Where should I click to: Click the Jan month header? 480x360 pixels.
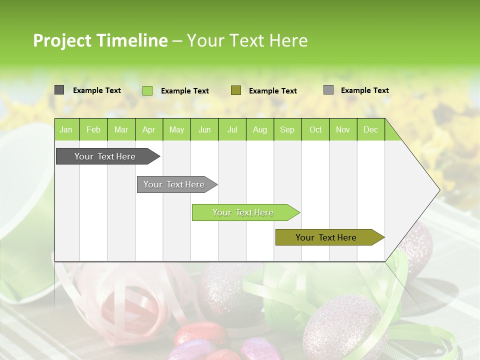[x=66, y=129]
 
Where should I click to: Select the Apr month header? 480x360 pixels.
[x=148, y=129]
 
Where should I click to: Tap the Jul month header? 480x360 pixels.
[x=232, y=129]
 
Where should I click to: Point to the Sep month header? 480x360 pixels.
[x=287, y=129]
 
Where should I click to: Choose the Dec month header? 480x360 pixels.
[x=370, y=129]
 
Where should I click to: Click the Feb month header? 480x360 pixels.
[x=93, y=129]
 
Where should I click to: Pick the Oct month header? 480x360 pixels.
[x=315, y=129]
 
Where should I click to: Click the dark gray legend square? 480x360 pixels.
[x=59, y=90]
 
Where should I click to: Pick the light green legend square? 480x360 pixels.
[x=147, y=90]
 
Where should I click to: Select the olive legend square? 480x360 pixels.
[x=236, y=90]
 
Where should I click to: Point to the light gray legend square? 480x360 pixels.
[x=328, y=90]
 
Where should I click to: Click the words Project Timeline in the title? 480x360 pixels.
[x=100, y=40]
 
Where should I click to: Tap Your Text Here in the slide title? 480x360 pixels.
[x=247, y=40]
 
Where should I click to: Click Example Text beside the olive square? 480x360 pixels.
[x=272, y=91]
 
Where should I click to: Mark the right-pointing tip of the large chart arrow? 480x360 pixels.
[x=439, y=190]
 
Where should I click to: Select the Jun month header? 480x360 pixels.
[x=204, y=129]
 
